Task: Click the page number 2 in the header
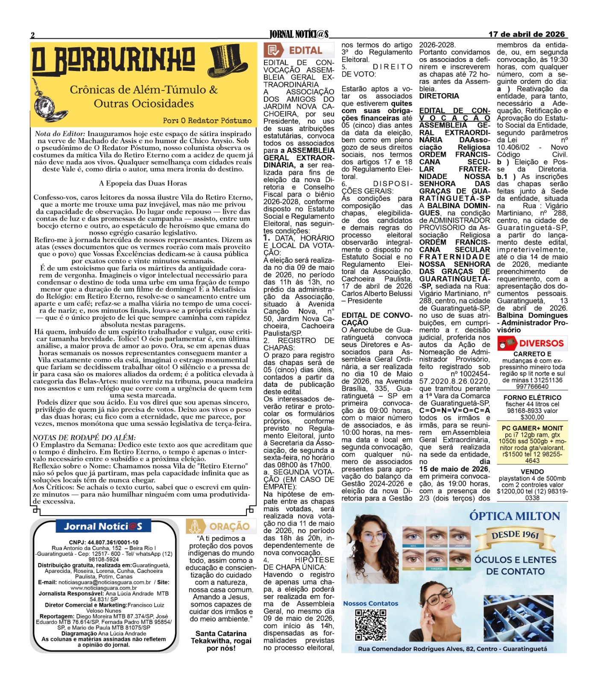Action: coord(32,35)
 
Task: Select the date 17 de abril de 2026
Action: coord(526,34)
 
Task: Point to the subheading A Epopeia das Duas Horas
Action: coord(143,183)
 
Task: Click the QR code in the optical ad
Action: coord(371,625)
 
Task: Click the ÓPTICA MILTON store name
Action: coord(514,516)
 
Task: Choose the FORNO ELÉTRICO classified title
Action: coord(532,398)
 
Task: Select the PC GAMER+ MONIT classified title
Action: coord(532,428)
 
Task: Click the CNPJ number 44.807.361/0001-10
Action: coord(104,542)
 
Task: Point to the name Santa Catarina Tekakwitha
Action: coord(221,637)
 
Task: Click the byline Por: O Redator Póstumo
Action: coord(207,121)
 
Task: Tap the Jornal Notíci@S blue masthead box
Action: coord(103,526)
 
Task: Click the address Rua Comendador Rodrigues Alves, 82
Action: coord(452,649)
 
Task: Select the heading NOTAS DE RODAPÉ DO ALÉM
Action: coord(84,437)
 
